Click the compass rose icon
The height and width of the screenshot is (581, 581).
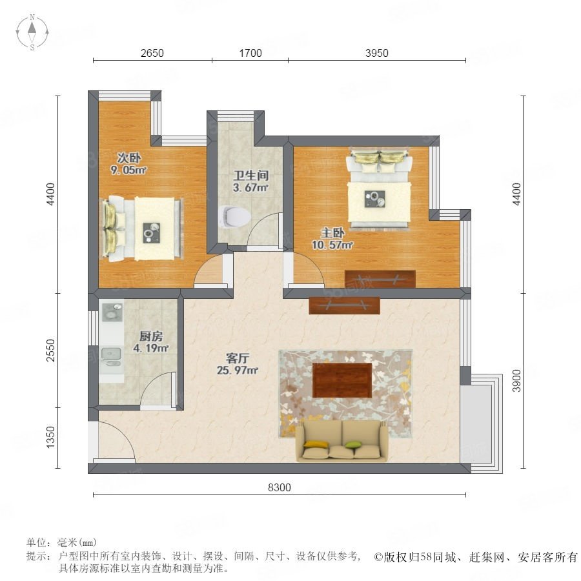click(32, 32)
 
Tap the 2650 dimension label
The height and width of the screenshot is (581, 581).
click(152, 53)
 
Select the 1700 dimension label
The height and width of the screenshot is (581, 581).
click(250, 53)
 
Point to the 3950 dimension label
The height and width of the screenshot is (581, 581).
click(377, 53)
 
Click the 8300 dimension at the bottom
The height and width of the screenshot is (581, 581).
click(280, 487)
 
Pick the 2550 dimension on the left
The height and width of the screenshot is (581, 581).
click(50, 350)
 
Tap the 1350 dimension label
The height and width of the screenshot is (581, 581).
click(50, 437)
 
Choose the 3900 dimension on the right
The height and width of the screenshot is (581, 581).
click(516, 380)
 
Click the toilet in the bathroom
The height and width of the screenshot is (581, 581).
click(234, 216)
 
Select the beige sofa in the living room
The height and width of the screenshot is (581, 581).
click(341, 441)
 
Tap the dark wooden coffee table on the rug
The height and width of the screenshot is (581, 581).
click(342, 380)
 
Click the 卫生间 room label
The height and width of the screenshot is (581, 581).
click(251, 175)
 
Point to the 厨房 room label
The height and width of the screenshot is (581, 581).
click(151, 336)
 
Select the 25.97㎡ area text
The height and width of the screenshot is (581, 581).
click(237, 370)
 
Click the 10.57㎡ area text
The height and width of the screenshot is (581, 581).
click(332, 245)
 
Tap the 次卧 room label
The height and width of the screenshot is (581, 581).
click(129, 158)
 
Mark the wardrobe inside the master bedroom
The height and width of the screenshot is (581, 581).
click(380, 279)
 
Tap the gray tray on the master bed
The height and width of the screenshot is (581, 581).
click(374, 199)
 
